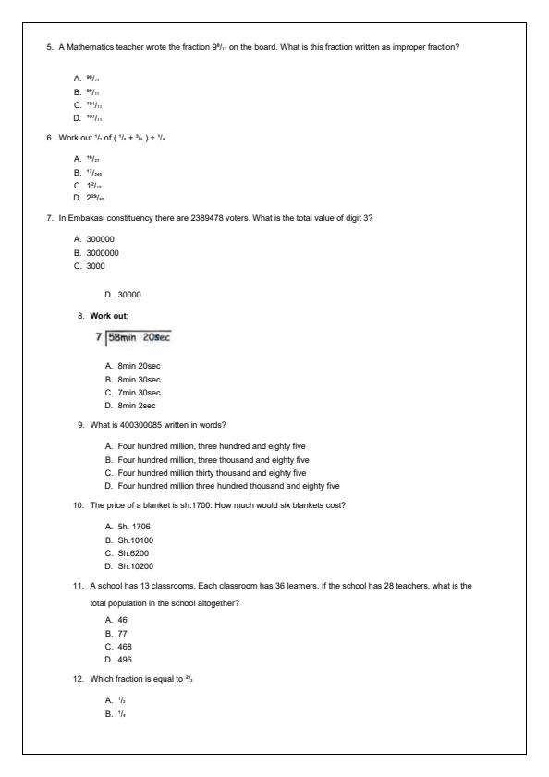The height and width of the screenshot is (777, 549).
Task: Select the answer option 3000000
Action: (x=102, y=253)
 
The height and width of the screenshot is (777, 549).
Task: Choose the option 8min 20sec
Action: (x=139, y=367)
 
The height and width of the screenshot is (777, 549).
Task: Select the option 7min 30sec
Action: (x=139, y=392)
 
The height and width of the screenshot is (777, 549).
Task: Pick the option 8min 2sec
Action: (x=137, y=405)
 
